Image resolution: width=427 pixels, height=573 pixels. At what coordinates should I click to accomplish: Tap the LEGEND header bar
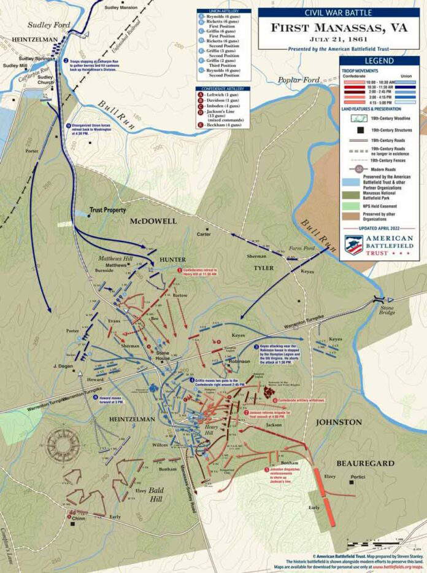click(x=379, y=61)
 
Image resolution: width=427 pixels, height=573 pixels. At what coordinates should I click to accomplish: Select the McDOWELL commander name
click(x=153, y=221)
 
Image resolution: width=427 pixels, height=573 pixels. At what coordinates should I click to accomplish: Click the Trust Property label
click(x=107, y=210)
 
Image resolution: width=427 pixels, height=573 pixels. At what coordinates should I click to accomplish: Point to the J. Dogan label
click(x=63, y=366)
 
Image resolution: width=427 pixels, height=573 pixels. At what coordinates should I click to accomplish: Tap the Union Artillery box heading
click(x=223, y=11)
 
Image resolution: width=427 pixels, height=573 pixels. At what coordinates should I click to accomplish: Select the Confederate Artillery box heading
click(x=223, y=89)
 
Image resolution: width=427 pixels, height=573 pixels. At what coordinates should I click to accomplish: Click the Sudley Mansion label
click(x=121, y=7)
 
